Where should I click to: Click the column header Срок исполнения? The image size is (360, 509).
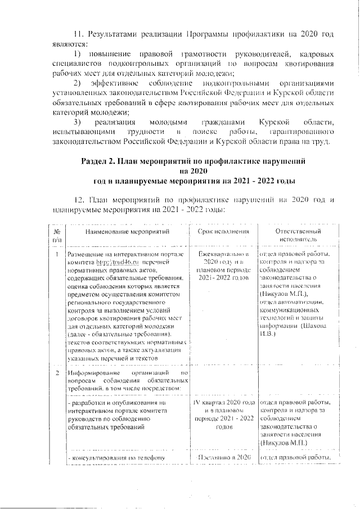(224, 232)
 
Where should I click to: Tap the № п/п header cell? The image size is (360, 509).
(57, 235)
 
